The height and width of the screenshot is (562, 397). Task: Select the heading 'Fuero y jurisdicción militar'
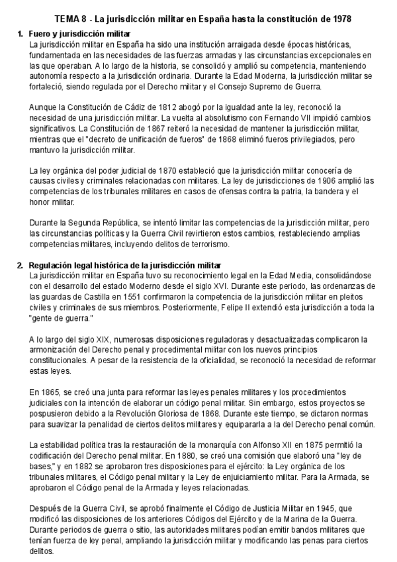pyautogui.click(x=82, y=33)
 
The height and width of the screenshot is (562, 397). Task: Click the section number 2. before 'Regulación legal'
pyautogui.click(x=21, y=265)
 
